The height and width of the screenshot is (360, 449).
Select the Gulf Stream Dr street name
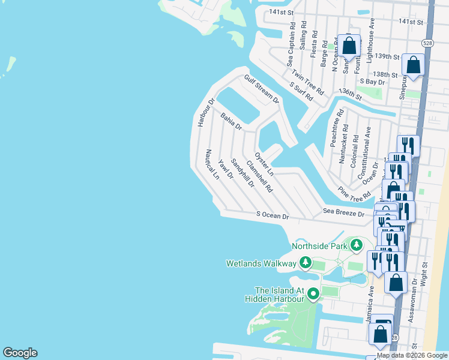click(x=261, y=89)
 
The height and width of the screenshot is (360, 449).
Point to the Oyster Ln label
click(x=264, y=163)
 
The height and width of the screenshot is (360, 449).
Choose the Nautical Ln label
click(x=211, y=165)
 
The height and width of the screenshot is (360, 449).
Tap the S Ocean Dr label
click(x=273, y=215)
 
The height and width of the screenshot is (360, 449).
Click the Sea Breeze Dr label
click(x=343, y=213)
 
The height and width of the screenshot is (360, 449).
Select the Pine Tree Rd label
click(x=354, y=193)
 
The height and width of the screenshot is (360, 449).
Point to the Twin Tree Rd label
click(x=308, y=83)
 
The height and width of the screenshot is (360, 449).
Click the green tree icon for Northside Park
click(x=357, y=245)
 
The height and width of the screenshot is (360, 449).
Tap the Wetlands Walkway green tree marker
click(x=306, y=263)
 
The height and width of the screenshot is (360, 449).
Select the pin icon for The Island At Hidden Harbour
click(x=313, y=293)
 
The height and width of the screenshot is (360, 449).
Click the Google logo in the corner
click(x=20, y=353)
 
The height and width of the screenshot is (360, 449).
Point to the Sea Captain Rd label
click(x=291, y=45)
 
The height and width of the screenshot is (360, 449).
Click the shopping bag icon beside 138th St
click(x=413, y=64)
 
